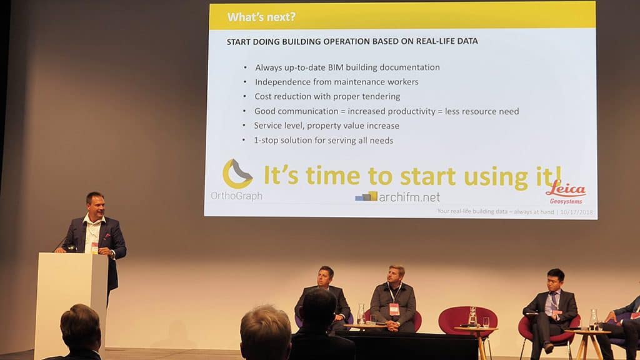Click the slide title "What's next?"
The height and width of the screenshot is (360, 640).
coord(261,17)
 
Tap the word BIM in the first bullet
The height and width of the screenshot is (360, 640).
coord(336,67)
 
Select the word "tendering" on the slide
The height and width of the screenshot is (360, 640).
coord(381,97)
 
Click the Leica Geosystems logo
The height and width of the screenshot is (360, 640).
coord(566,192)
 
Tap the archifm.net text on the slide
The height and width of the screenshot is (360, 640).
coord(409,197)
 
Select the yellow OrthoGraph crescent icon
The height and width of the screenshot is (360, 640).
coord(237,174)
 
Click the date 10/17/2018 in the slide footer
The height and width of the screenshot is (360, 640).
coord(576,212)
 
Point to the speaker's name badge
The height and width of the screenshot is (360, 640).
coord(95,247)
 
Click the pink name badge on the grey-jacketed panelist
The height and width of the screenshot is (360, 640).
coord(394,309)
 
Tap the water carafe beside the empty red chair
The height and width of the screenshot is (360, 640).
coord(472,317)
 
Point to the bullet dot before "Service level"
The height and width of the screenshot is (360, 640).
coord(244,126)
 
